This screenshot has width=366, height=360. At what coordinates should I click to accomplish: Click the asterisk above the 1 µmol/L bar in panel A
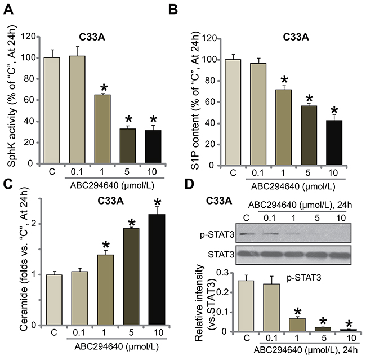pos(104,88)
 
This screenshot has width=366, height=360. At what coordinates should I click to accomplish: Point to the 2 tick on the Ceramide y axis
pos(35,223)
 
